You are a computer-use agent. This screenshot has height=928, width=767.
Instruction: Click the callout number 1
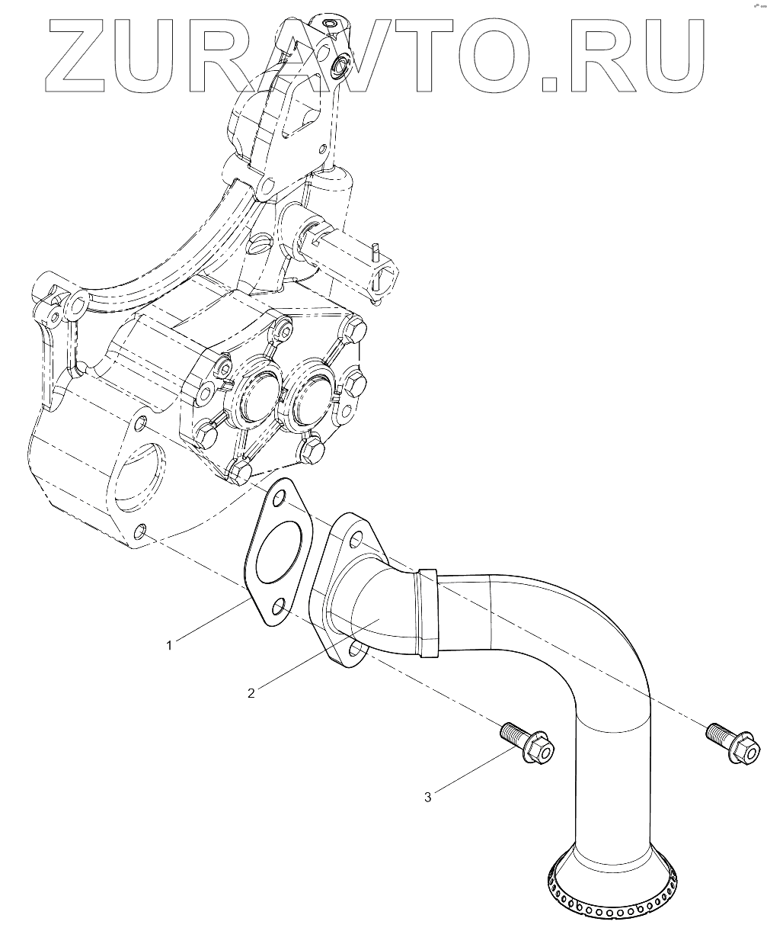(169, 645)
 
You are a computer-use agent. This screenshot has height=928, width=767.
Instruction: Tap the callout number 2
(251, 692)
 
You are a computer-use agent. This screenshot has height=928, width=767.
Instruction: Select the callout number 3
(428, 797)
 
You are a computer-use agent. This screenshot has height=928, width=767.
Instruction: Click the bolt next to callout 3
(527, 740)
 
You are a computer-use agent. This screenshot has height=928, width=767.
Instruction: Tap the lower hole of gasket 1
(279, 606)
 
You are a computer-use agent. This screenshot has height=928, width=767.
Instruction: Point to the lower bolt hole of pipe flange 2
(356, 650)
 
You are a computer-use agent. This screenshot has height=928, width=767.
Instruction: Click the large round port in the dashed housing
(138, 476)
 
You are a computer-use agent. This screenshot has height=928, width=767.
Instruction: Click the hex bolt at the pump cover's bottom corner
(240, 472)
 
